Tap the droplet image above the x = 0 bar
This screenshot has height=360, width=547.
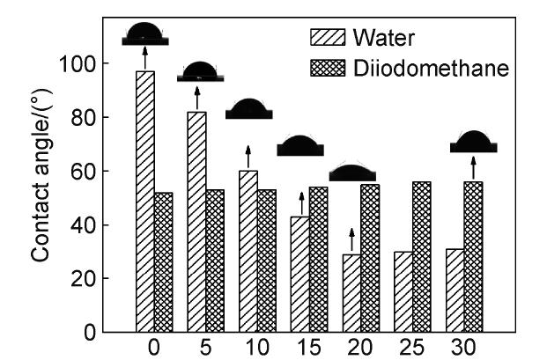(142, 35)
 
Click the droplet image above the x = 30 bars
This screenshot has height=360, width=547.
(474, 143)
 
